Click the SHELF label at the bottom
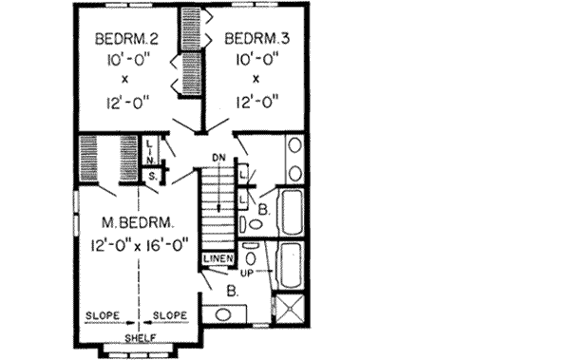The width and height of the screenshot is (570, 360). point(142,338)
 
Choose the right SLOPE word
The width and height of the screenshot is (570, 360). point(171,314)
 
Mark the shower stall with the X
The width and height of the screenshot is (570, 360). point(288,310)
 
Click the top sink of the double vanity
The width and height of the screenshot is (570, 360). point(294,147)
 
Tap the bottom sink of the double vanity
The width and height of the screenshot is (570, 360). point(294,174)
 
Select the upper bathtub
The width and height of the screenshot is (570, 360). point(290,213)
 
